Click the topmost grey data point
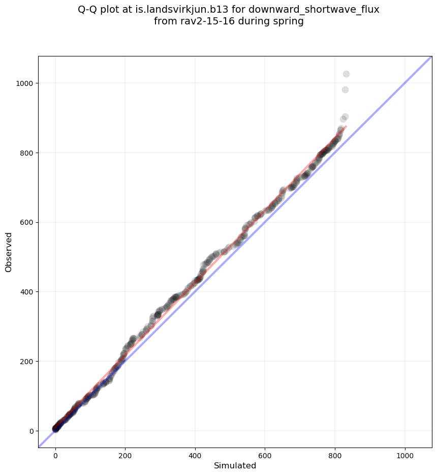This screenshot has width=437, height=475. [x=346, y=74]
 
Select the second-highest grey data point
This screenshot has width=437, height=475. [x=345, y=90]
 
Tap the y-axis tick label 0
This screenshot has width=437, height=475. [x=31, y=431]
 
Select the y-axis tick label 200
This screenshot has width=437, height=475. [x=27, y=362]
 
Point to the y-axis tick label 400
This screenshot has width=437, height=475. [x=27, y=292]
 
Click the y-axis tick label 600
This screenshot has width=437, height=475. [x=27, y=222]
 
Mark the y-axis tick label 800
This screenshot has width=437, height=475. [x=27, y=153]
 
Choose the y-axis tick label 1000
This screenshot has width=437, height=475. [x=25, y=83]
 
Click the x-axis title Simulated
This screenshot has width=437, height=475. [x=235, y=466]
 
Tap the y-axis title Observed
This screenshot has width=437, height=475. [x=9, y=252]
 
